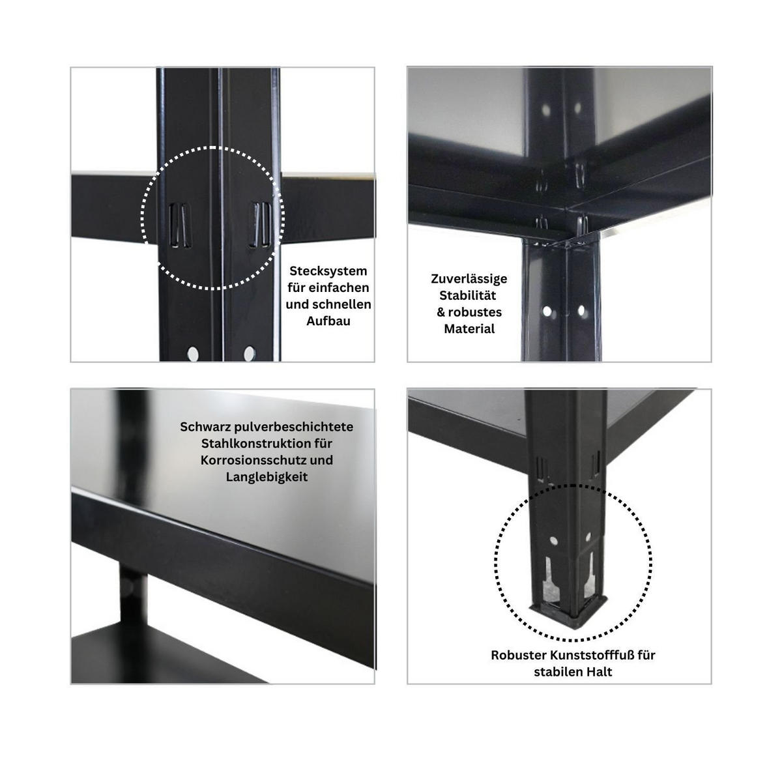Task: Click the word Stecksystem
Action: click(328, 271)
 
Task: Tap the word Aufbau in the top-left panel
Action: click(328, 321)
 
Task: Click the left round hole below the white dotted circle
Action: click(193, 354)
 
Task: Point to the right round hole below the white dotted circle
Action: click(249, 354)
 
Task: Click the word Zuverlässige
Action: click(469, 279)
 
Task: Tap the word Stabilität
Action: click(469, 296)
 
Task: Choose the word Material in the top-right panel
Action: click(469, 329)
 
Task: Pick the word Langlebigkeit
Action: click(267, 477)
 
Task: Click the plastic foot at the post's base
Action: click(570, 609)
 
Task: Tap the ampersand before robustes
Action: click(441, 313)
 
